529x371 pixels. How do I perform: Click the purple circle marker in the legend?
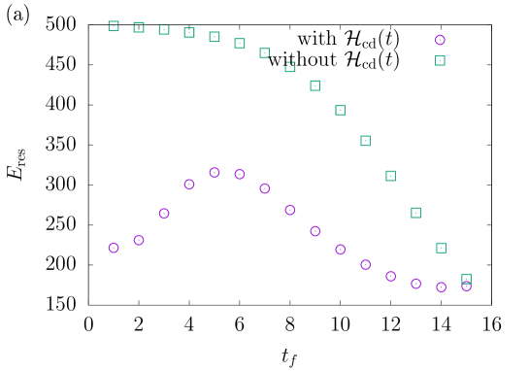[x=440, y=40]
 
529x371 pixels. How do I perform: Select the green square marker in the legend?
[x=440, y=60]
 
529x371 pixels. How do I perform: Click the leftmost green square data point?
[x=114, y=26]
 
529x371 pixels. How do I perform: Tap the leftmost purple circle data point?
[x=114, y=248]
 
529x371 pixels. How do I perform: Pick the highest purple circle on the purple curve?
[x=215, y=172]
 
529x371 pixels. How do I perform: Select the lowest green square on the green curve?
[x=466, y=279]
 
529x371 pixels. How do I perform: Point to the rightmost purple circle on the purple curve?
[x=466, y=286]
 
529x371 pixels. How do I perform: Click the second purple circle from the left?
[x=139, y=240]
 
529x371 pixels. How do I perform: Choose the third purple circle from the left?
[x=164, y=214]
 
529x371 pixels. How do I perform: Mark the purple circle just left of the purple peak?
[x=189, y=185]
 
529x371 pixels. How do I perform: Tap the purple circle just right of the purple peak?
[x=240, y=174]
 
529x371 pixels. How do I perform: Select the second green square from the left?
[x=139, y=27]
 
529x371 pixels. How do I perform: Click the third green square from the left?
[x=164, y=29]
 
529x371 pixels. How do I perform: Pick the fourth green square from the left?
[x=189, y=33]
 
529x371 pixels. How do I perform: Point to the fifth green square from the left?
[x=215, y=37]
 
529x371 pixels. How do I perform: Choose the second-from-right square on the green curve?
[x=441, y=248]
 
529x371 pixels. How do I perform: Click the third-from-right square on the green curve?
[x=415, y=213]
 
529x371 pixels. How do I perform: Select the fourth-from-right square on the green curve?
[x=390, y=176]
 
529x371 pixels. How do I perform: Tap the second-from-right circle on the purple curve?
[x=441, y=287]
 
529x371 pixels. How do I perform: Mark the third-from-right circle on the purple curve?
[x=415, y=284]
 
